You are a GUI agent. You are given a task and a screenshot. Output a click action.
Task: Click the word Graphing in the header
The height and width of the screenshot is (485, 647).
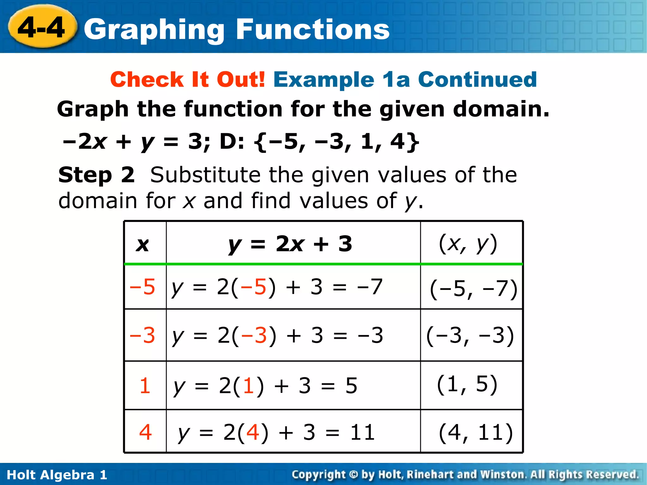coord(154,30)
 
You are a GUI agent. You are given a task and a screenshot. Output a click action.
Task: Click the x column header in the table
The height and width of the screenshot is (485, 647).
coord(142,244)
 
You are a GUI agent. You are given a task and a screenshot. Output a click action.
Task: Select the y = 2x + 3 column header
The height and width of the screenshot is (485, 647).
coord(290,244)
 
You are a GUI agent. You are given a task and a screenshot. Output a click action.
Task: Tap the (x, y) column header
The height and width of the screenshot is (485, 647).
coord(468,244)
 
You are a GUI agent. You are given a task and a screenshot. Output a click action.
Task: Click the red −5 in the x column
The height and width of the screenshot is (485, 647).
coord(142,287)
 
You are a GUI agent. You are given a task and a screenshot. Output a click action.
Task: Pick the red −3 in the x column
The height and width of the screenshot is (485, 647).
coord(142,335)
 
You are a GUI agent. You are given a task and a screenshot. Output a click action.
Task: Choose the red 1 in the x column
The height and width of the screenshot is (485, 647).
coord(145,386)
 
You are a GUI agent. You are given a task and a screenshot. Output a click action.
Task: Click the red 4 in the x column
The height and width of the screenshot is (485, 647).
coord(145,432)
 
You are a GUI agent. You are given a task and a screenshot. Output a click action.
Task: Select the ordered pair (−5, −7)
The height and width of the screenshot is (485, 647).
coord(473,289)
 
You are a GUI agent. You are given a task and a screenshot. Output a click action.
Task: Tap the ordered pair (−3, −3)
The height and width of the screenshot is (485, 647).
coord(470,335)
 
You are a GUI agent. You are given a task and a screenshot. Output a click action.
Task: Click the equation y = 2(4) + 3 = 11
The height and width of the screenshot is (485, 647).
coord(276,432)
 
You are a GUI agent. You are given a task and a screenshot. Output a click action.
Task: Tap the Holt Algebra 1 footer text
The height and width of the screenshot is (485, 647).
coord(57,475)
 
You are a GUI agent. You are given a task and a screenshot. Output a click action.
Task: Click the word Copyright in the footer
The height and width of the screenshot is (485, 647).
coord(318,475)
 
